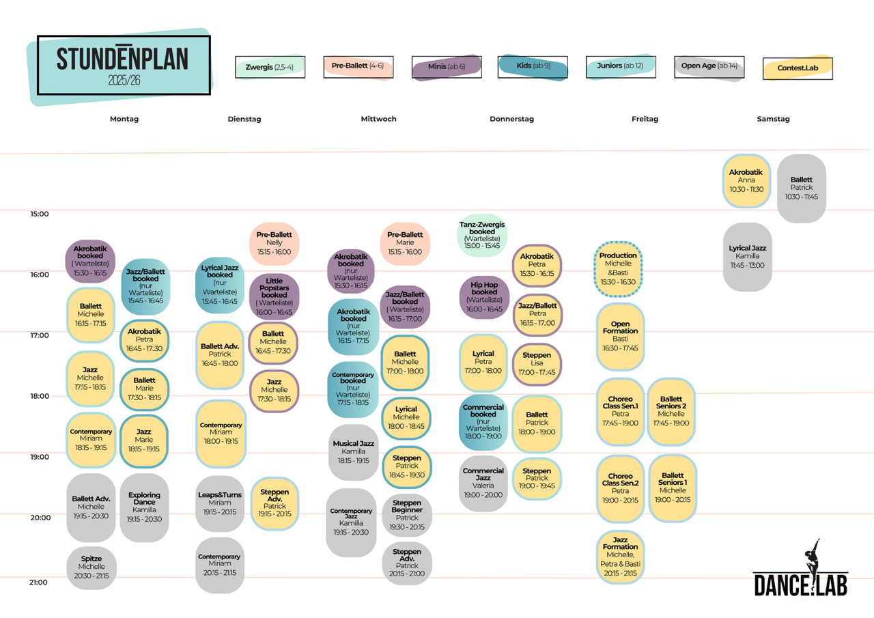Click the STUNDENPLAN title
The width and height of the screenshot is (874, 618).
pyautogui.click(x=122, y=59)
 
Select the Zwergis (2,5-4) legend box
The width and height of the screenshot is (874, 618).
pyautogui.click(x=270, y=67)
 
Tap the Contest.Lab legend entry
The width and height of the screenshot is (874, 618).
pyautogui.click(x=798, y=68)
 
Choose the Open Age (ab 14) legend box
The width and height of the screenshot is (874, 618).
pyautogui.click(x=709, y=67)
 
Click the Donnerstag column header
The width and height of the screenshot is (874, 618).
pyautogui.click(x=511, y=119)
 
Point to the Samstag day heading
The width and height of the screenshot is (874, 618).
pyautogui.click(x=773, y=119)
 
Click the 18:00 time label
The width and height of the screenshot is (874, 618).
pyautogui.click(x=40, y=396)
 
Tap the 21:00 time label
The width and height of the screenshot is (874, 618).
pyautogui.click(x=38, y=582)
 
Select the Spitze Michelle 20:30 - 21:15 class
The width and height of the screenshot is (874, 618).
pyautogui.click(x=91, y=567)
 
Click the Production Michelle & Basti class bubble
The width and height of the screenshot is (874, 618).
pyautogui.click(x=618, y=269)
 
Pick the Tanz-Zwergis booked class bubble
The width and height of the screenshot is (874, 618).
pyautogui.click(x=482, y=235)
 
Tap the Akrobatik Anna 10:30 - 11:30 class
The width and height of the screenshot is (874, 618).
pyautogui.click(x=746, y=181)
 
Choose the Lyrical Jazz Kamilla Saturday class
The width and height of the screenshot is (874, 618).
pyautogui.click(x=747, y=257)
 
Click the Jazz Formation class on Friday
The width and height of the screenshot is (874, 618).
pyautogui.click(x=620, y=557)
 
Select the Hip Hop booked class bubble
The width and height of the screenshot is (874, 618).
pyautogui.click(x=484, y=297)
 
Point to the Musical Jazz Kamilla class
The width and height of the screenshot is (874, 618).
pyautogui.click(x=353, y=452)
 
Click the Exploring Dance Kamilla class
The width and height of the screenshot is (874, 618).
pyautogui.click(x=144, y=507)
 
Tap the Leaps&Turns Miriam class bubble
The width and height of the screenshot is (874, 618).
pyautogui.click(x=220, y=503)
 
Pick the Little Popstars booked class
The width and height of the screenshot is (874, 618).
pyautogui.click(x=274, y=296)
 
